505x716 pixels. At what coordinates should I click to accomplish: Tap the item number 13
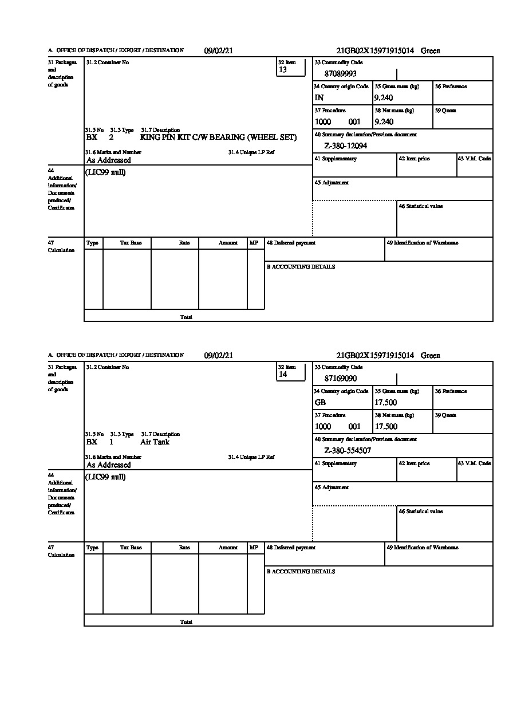coord(282,70)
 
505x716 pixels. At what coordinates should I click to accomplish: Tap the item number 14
coord(282,375)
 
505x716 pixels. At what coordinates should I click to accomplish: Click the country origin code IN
coord(319,98)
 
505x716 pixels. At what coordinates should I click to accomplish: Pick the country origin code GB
coord(320,403)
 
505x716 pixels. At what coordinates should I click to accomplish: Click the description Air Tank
coord(155,442)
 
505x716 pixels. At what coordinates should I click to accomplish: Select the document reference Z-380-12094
coord(345,146)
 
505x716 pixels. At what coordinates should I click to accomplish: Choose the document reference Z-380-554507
coord(347,451)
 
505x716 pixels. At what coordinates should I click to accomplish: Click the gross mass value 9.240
coord(384,98)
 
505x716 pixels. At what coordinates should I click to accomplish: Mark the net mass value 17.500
coord(385,427)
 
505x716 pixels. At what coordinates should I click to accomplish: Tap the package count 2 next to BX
coord(111,137)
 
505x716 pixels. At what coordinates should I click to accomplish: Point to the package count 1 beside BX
coord(111,442)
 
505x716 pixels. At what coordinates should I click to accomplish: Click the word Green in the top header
coord(430,51)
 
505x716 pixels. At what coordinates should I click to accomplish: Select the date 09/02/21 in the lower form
coord(219,356)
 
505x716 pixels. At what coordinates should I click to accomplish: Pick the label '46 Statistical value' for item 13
coord(420,206)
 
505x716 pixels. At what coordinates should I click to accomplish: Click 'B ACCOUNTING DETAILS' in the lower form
coord(301,572)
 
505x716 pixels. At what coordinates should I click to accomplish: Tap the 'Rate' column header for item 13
coord(184,243)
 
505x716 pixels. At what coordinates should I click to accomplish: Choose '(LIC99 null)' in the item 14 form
coord(106,477)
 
